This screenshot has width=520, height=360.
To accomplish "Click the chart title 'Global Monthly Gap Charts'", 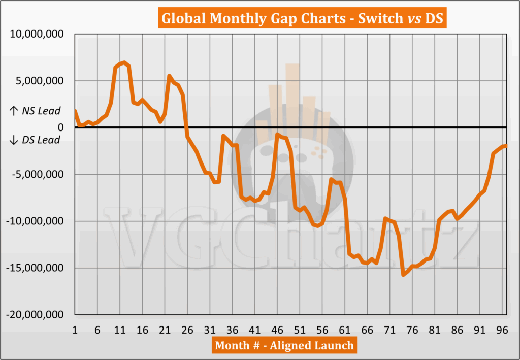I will pos(259,19).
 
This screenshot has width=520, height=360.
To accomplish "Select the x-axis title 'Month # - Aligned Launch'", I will pos(284,346).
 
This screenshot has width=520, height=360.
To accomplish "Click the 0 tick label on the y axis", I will pos(60,128).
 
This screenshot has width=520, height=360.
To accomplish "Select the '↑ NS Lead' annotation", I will pos(35,111).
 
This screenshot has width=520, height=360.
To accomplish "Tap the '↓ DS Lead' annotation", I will pos(35,140).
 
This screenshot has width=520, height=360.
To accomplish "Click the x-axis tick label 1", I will pos(75,330).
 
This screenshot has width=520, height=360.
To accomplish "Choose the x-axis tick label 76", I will pos(412,330).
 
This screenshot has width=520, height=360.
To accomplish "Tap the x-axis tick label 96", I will pos(502,330).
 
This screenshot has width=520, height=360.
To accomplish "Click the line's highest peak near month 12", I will pos(124,62).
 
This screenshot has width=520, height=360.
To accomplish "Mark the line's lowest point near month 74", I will pos(403,274).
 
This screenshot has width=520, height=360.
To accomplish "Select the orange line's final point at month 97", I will pos(506,146).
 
